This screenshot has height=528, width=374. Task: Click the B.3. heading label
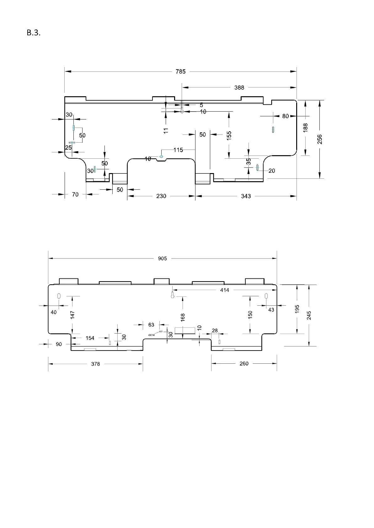(34, 33)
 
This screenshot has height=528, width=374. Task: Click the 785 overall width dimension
(180, 71)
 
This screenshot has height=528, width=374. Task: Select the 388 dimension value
(239, 87)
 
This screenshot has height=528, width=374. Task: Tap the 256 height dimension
(319, 139)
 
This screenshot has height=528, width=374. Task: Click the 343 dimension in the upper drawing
(246, 196)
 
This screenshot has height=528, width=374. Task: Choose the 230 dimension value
(161, 196)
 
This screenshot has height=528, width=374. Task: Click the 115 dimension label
(178, 150)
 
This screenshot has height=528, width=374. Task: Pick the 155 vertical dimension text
(229, 135)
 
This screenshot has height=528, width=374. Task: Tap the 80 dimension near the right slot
(285, 116)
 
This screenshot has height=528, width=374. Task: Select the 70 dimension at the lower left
(75, 194)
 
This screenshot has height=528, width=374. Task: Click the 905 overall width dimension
(163, 259)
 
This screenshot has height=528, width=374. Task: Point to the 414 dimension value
(225, 290)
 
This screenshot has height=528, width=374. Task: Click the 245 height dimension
(309, 315)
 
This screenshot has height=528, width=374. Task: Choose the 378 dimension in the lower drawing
(95, 364)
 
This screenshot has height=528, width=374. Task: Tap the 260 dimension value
(244, 363)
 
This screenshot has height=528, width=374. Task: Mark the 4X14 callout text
(152, 335)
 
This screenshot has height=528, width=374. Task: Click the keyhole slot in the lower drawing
(173, 295)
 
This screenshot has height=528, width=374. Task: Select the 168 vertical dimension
(183, 317)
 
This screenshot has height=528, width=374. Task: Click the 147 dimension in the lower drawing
(72, 315)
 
